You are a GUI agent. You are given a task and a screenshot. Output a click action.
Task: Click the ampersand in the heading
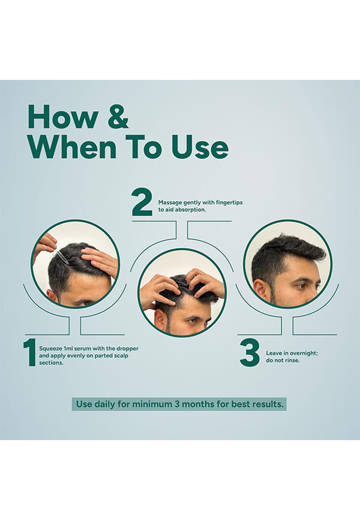coord(118,117)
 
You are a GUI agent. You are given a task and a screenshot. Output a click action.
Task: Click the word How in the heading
coord(63,117)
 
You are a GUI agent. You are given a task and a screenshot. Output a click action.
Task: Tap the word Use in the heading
coord(200,147)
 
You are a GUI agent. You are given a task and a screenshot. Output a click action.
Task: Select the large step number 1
coord(30,352)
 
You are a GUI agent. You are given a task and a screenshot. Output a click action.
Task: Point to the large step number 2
coord(142,202)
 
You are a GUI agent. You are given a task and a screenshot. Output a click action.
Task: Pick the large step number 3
coord(250,354)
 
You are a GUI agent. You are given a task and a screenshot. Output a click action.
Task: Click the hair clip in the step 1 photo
coord(62,258)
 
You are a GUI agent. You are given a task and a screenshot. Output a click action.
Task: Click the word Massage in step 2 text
coord(170,202)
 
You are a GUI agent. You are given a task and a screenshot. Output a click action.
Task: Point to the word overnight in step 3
coord(303,353)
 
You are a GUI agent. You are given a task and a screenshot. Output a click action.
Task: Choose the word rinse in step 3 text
coord(292,360)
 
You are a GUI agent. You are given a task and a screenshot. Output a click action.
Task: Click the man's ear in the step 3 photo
coord(261,289)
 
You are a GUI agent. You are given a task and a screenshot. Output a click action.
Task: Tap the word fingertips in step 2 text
coord(229,202)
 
